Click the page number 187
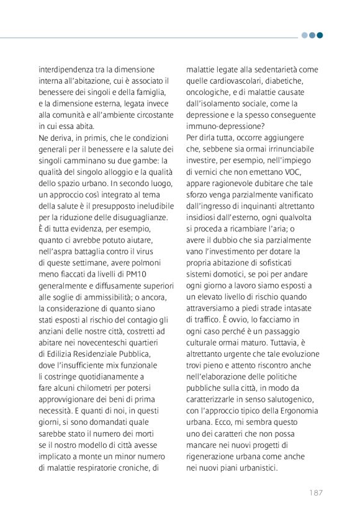(315, 493)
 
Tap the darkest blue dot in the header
(320, 35)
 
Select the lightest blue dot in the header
(305, 35)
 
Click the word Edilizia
(63, 354)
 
